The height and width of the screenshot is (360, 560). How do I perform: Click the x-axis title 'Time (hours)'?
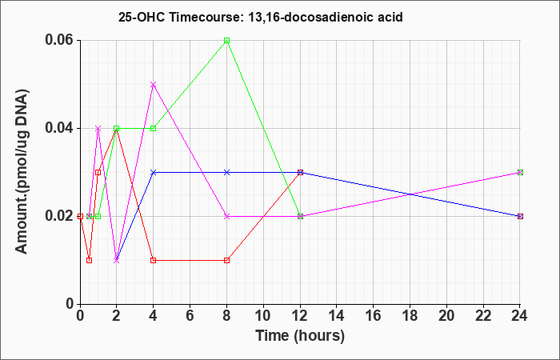tap(300, 336)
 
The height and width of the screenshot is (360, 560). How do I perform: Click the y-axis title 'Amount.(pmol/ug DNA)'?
tap(22, 171)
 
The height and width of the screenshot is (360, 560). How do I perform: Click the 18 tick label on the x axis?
tap(410, 316)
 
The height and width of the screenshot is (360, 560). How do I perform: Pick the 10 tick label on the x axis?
tap(263, 316)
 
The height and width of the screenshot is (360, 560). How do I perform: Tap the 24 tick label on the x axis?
tap(520, 316)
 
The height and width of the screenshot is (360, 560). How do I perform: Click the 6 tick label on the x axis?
tap(190, 316)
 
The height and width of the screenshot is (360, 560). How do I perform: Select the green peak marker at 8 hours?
tap(226, 40)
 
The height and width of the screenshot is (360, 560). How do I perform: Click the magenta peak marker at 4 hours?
tap(154, 84)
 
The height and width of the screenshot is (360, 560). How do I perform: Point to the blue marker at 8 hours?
tap(226, 173)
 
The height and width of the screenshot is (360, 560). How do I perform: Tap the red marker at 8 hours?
tap(226, 260)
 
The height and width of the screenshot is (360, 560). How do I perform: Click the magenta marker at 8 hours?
tap(226, 217)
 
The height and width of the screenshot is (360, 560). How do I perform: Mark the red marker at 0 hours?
tap(80, 217)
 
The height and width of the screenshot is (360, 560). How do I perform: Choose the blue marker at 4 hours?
tap(154, 173)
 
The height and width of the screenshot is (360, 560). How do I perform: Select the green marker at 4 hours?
tap(154, 128)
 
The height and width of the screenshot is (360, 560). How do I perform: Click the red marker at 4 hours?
tap(154, 260)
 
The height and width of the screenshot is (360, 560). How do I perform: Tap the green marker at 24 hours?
tap(520, 173)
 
